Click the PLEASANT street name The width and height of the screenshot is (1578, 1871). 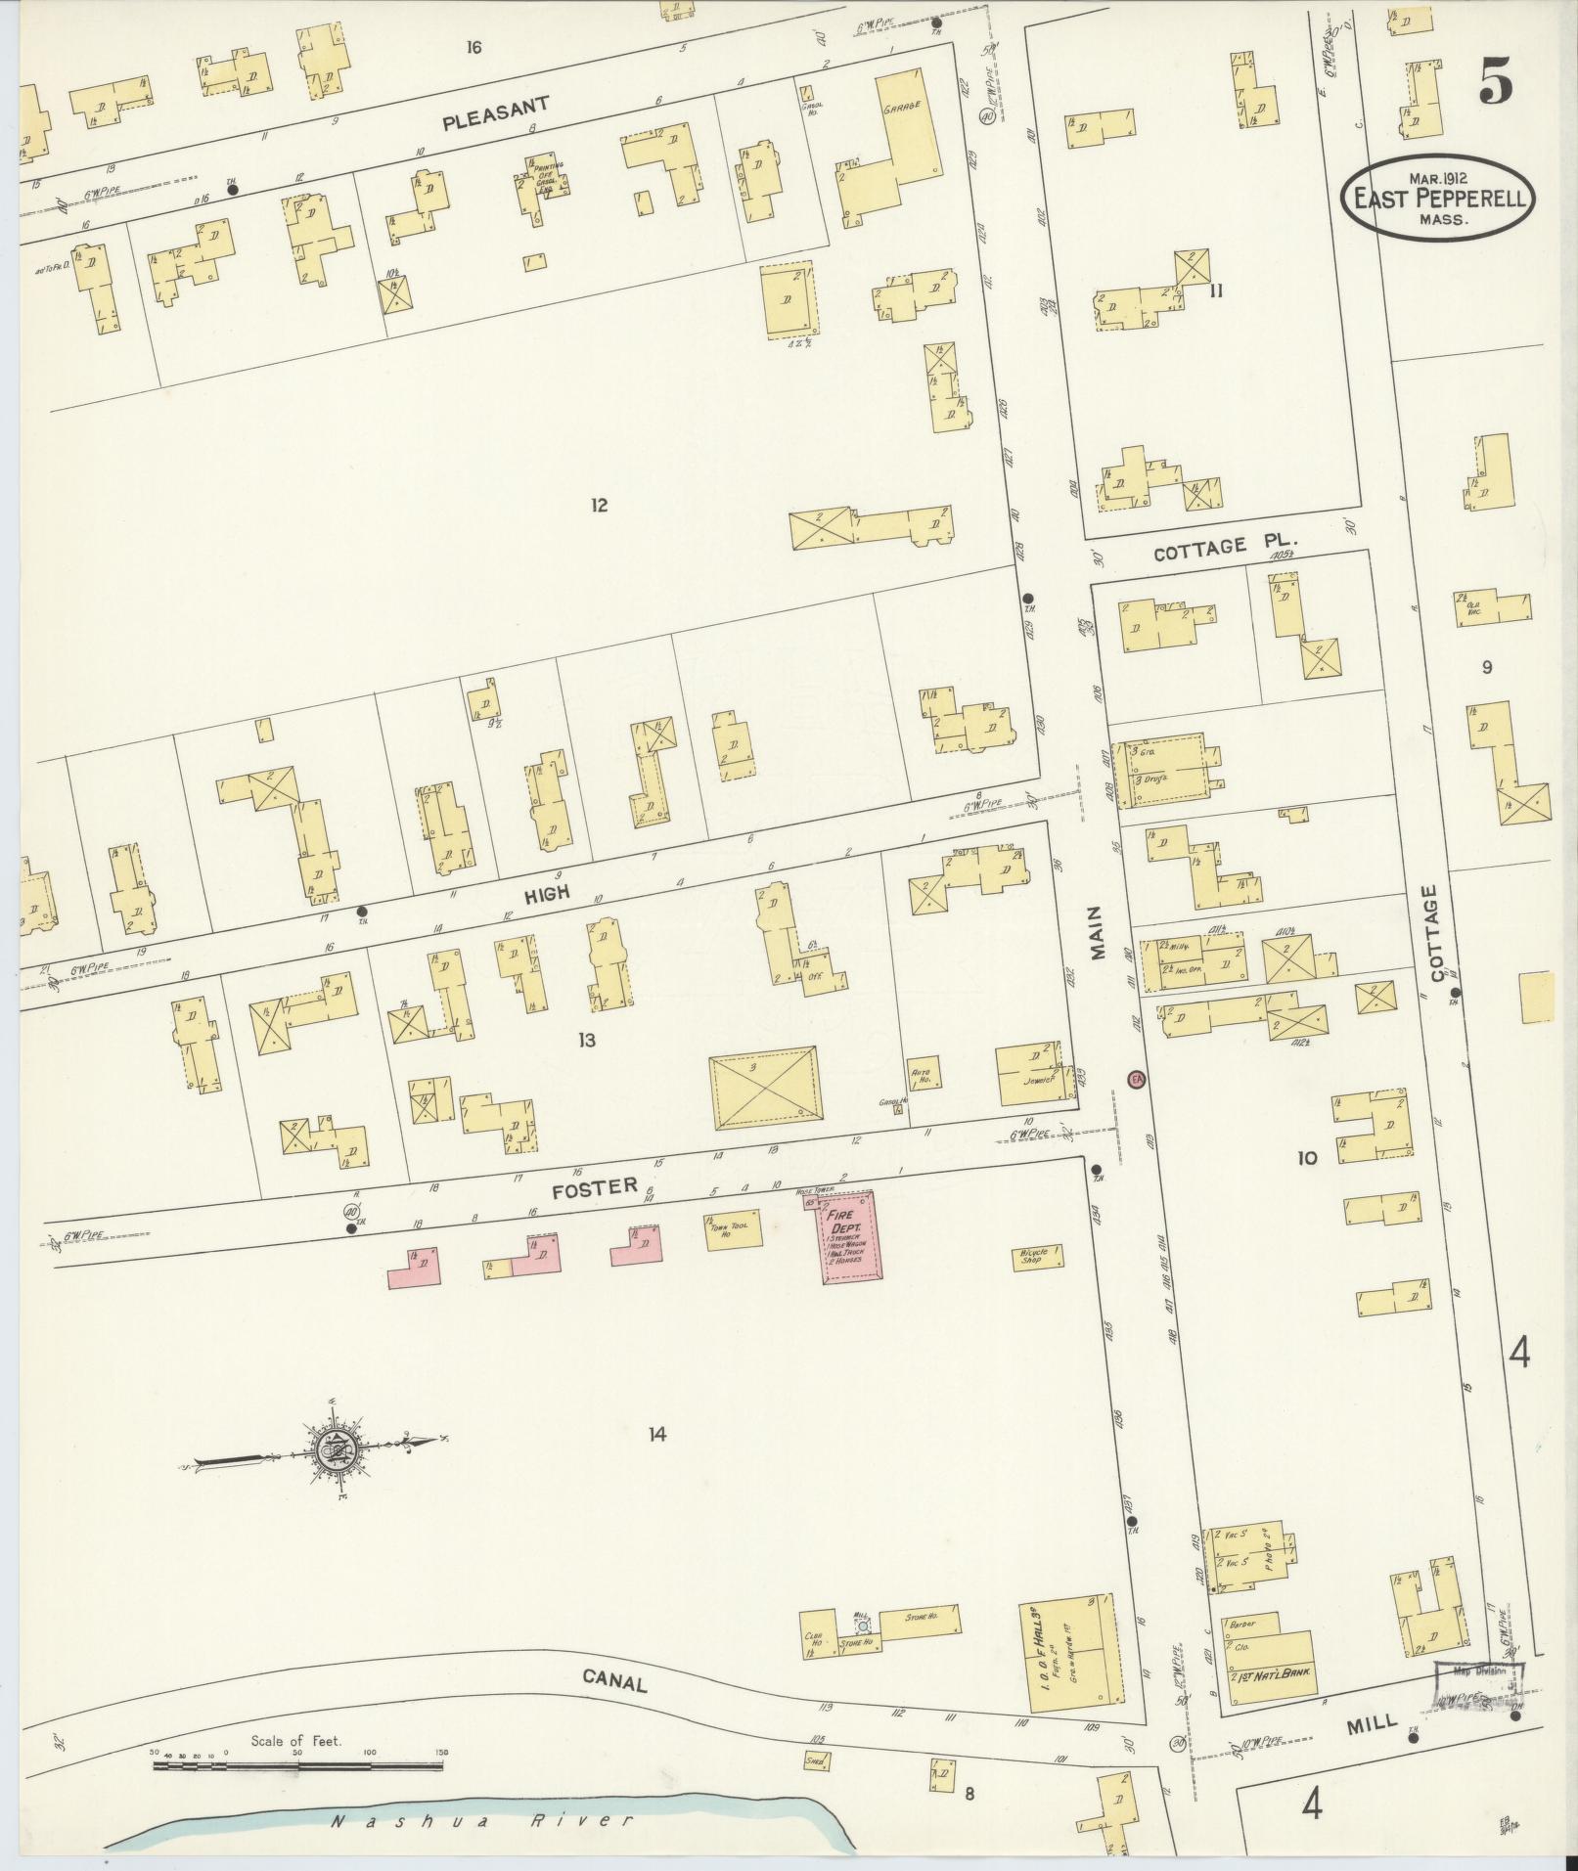[496, 113]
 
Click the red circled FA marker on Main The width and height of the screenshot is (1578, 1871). [1136, 1080]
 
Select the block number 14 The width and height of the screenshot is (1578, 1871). [656, 1435]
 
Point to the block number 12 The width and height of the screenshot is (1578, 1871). [600, 505]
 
